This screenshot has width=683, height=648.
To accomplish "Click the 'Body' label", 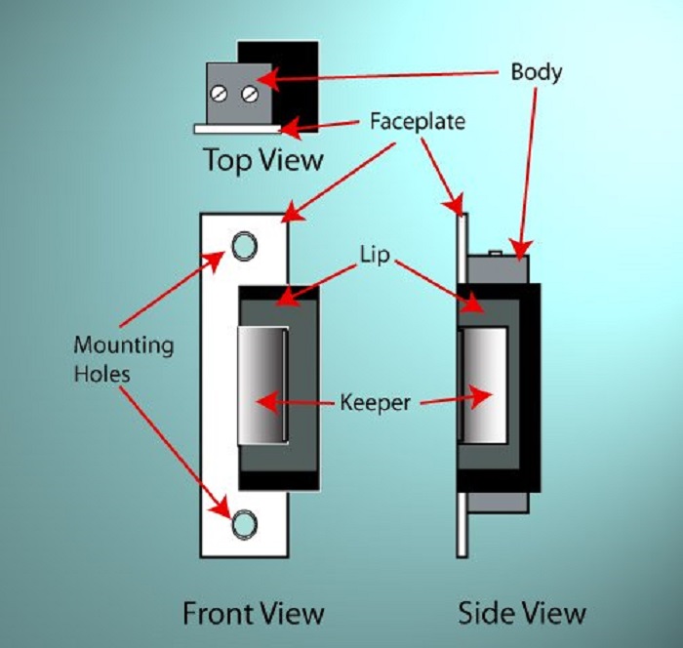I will [x=537, y=72].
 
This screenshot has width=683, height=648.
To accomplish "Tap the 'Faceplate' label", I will [x=418, y=123].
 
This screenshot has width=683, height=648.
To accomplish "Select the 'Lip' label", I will [x=374, y=257].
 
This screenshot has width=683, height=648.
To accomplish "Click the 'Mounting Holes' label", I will [x=123, y=358].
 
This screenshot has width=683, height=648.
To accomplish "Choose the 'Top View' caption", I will [x=262, y=160].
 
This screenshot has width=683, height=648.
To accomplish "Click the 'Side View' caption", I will [x=523, y=613].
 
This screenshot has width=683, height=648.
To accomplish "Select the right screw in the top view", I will [x=250, y=94].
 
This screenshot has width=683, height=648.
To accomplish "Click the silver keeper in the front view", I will [x=262, y=384].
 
